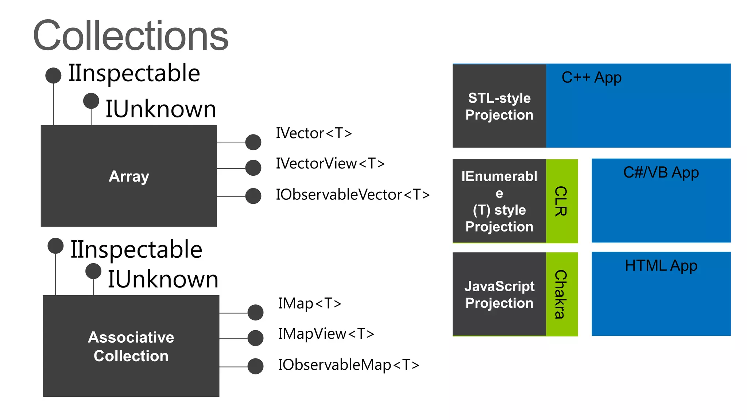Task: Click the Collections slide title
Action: coord(131,36)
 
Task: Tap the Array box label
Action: coord(129,176)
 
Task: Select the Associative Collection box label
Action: coord(131,346)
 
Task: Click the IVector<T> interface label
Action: coord(314,133)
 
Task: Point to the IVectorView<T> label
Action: coord(330,163)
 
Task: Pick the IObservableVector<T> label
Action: coord(353,194)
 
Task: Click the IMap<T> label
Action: coord(309,303)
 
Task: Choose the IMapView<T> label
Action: coord(326,334)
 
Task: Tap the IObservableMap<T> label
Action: coord(348,365)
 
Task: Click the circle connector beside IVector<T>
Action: coord(253,142)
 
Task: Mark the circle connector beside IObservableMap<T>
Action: coord(255,366)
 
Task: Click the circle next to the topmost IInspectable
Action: coord(53,75)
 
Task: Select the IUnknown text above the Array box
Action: coord(160,109)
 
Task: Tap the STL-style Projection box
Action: coord(499,106)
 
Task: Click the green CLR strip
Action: coord(562,201)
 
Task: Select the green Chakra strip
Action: coord(562,294)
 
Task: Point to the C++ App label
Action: coord(591,78)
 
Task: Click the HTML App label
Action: coord(661,266)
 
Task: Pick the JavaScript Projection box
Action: coord(499,294)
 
